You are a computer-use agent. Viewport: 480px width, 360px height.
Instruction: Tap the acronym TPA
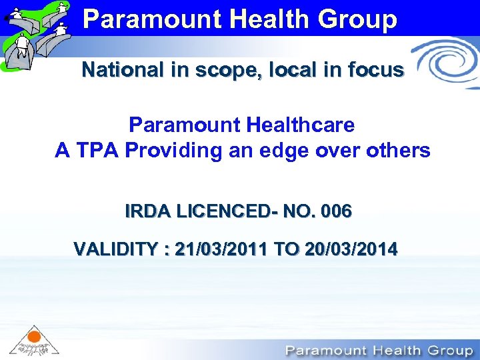pyautogui.click(x=97, y=151)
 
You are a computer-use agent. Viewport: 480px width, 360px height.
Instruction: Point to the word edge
pyautogui.click(x=289, y=151)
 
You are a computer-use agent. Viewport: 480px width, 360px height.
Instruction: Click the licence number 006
pyautogui.click(x=336, y=212)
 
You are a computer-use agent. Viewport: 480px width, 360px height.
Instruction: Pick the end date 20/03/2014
pyautogui.click(x=351, y=250)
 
